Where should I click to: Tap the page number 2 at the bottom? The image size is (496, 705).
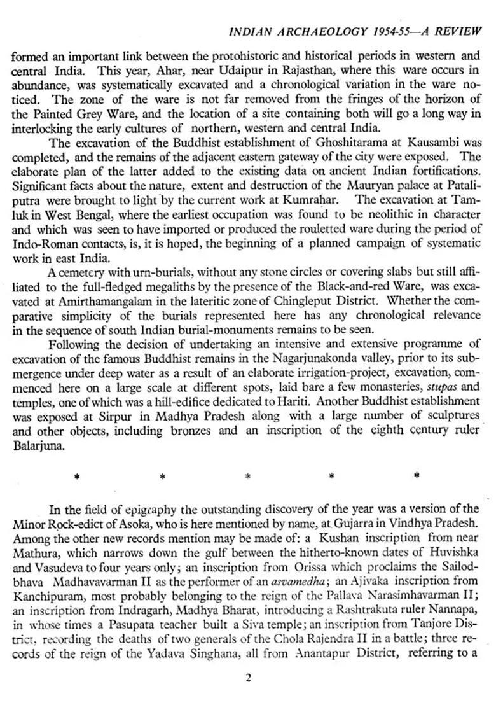point(248,678)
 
